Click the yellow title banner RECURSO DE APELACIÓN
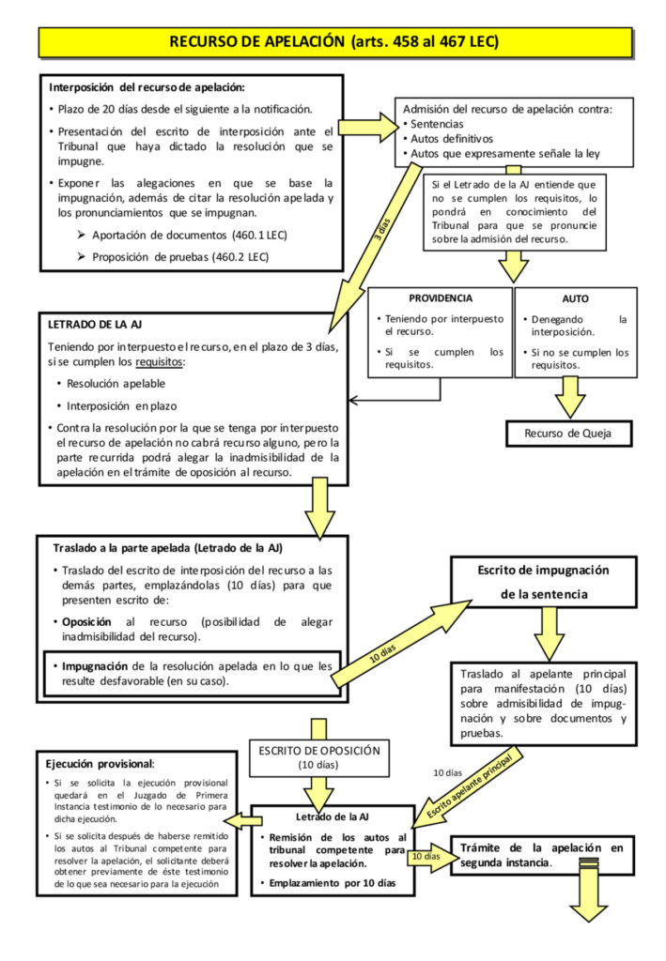(x=333, y=41)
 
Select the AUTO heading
(x=575, y=298)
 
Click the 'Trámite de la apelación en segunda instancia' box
(x=541, y=855)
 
